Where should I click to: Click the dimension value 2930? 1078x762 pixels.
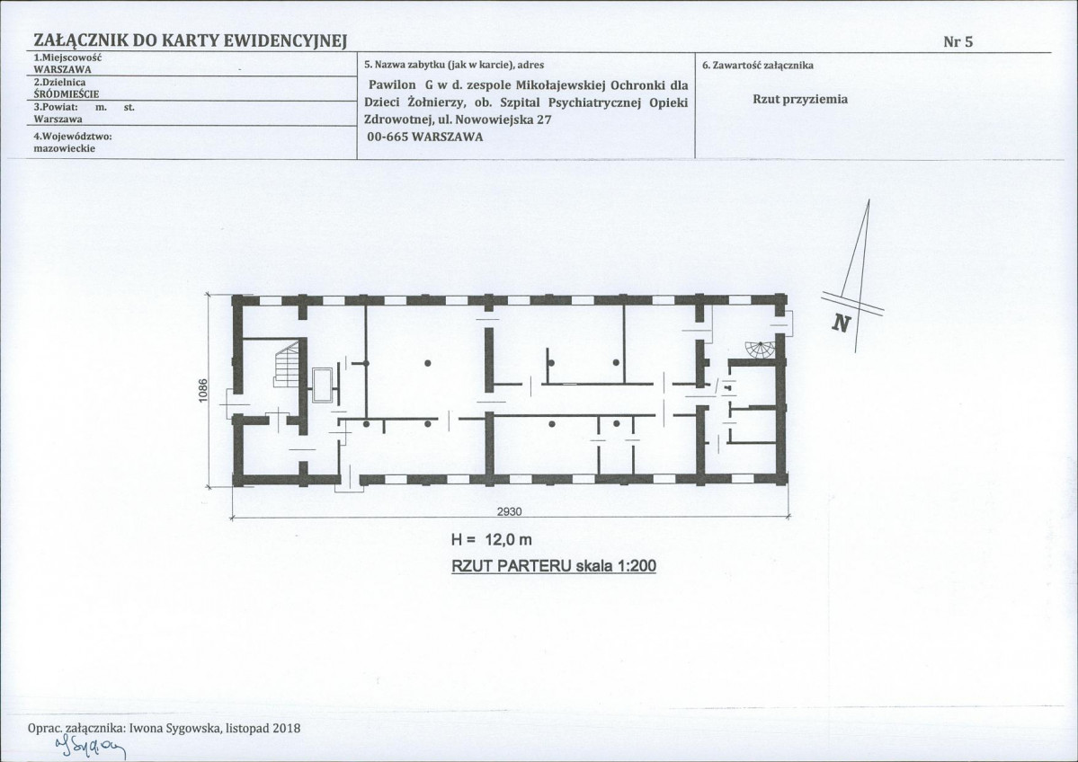coord(510,511)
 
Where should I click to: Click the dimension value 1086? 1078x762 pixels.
coord(203,391)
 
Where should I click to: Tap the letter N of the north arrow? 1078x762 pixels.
coord(841,323)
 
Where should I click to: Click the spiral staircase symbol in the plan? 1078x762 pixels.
coord(761,350)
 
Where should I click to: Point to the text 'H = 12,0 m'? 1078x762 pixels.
coord(491,540)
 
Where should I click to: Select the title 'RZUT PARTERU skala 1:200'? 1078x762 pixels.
coord(554,566)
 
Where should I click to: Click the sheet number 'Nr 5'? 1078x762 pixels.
coord(958,41)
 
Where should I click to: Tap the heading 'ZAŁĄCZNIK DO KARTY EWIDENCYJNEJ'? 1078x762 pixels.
coord(190,41)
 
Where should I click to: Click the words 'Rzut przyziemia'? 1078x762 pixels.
coord(800,99)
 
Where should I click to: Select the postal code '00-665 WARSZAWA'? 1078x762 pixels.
coord(425,137)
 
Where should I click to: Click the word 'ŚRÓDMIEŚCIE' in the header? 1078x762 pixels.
coord(66,94)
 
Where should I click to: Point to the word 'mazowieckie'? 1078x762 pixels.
coord(65,148)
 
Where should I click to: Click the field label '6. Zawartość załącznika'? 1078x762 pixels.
coord(758,66)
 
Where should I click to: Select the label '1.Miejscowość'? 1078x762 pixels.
coord(67,58)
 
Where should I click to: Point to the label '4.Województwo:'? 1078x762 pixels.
coord(73,136)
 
